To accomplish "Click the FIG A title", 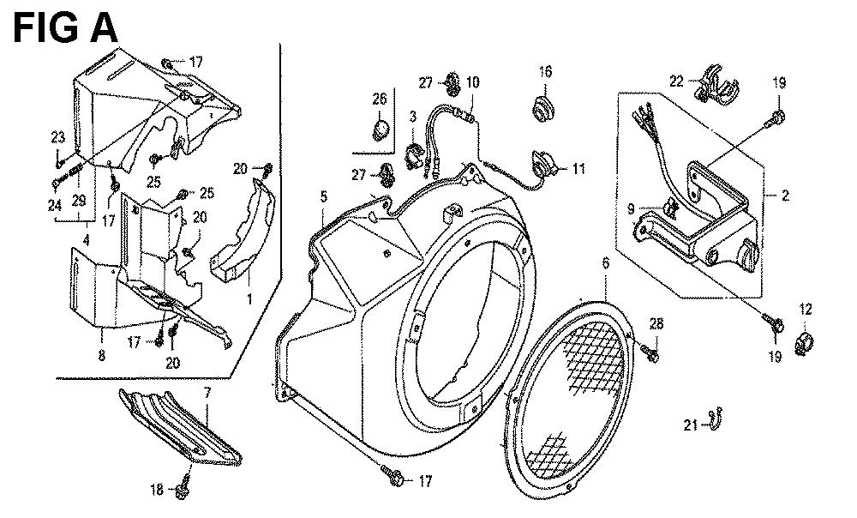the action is tap(65, 28).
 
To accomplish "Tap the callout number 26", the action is tap(380, 99).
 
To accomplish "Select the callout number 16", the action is tap(545, 72).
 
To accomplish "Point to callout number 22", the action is tap(677, 81).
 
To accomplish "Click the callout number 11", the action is tap(578, 168).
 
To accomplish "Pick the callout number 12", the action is tap(806, 310).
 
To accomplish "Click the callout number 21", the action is tap(691, 424).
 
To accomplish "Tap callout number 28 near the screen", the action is tap(656, 324).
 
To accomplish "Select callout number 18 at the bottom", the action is tap(157, 490).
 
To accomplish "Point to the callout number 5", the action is tap(324, 196).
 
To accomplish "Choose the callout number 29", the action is tap(79, 202).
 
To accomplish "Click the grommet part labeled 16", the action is tap(543, 108).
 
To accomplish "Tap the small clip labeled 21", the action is tap(714, 420).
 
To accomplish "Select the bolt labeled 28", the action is tap(650, 352).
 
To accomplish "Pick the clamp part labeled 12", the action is tap(804, 342).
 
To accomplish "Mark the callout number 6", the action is tap(605, 263).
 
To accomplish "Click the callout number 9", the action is tap(631, 208).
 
